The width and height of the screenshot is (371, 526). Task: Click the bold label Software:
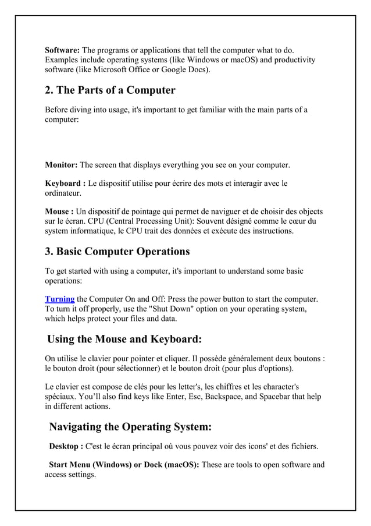[x=63, y=50]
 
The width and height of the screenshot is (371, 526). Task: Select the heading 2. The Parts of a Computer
[x=110, y=90]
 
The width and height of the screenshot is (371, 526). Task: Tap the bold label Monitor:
[x=61, y=165]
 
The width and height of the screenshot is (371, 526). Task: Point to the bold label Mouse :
[x=59, y=211]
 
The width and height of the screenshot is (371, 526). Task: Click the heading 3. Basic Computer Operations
[x=117, y=252]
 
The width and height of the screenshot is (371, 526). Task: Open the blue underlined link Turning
[x=60, y=299]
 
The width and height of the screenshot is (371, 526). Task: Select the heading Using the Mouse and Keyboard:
[x=124, y=339]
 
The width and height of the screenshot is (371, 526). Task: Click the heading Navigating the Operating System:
[x=130, y=427]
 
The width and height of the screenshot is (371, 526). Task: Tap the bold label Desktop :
[x=65, y=447]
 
